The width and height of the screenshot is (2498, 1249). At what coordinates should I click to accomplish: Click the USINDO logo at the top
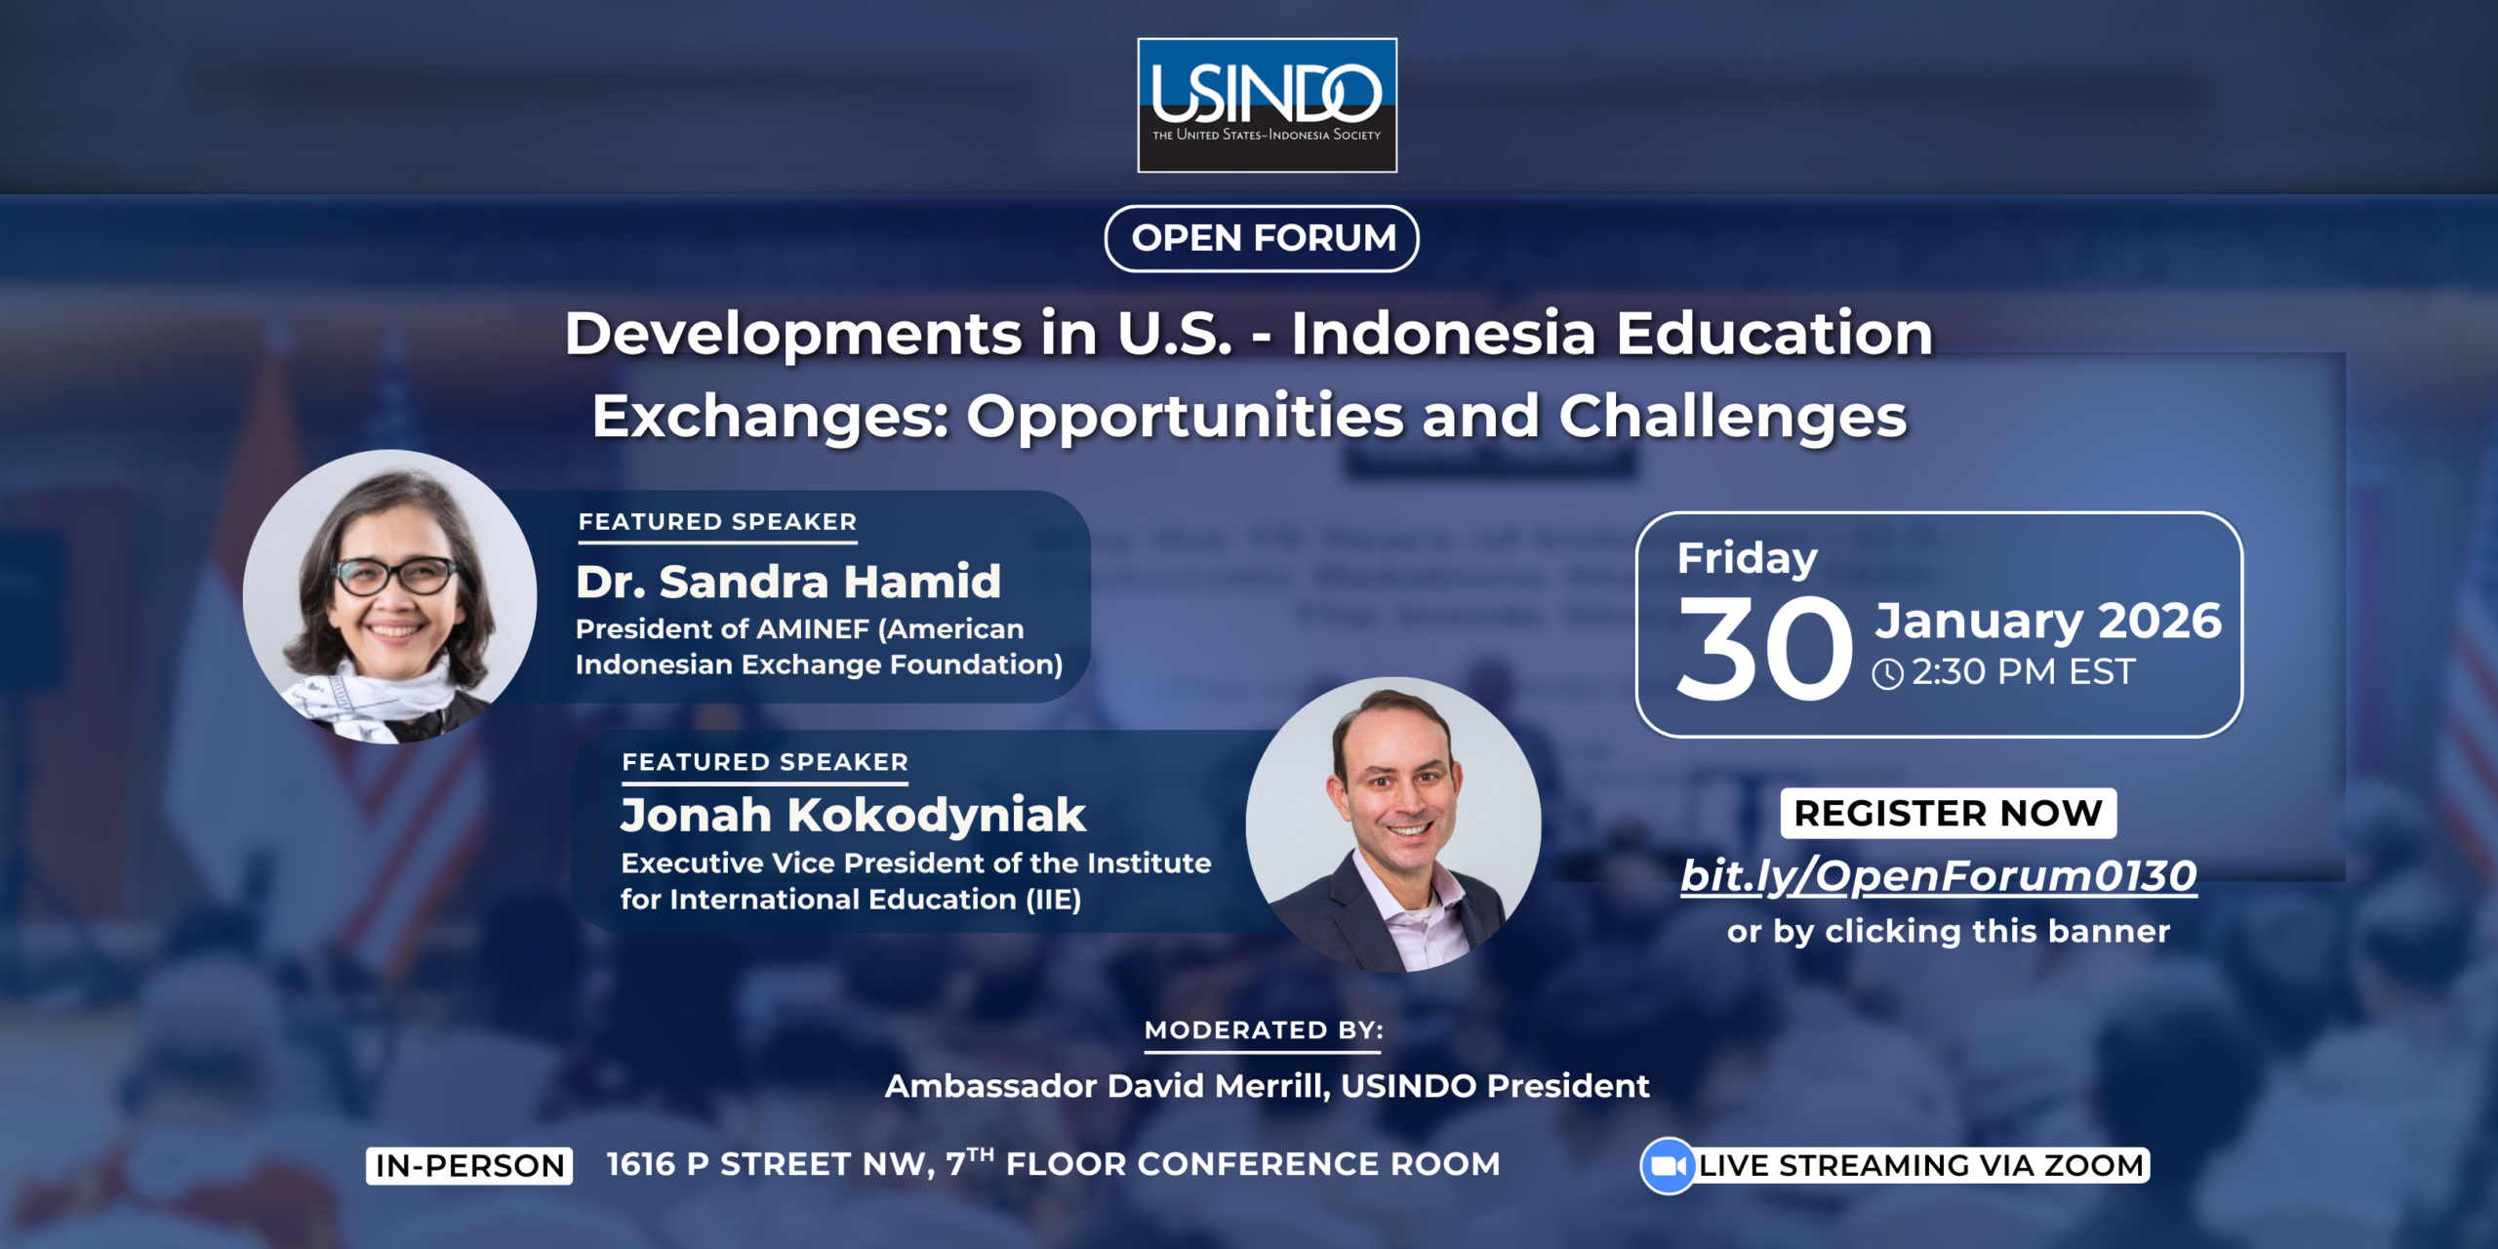point(1267,105)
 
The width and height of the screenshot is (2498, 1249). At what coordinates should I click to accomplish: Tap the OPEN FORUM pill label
point(1262,238)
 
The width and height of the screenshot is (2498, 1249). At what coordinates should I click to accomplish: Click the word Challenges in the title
point(1732,417)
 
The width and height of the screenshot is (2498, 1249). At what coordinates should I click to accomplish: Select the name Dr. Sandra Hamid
point(788,582)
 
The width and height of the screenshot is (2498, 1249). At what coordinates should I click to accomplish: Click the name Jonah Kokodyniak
point(853,815)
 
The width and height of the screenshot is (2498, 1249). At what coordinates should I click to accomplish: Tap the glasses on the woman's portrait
point(395,576)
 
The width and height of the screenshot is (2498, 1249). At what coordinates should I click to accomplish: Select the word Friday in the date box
point(1747,559)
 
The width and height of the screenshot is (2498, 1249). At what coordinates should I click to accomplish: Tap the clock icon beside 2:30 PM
point(1887,673)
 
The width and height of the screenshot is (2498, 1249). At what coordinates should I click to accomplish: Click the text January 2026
point(2048,622)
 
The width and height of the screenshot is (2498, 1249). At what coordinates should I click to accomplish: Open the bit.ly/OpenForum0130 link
point(1939,875)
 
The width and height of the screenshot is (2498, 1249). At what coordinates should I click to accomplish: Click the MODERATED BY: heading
point(1264,1030)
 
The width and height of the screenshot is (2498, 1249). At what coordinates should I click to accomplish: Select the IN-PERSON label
point(469,1165)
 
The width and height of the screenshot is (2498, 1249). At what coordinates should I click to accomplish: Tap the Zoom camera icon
point(1669,1166)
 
